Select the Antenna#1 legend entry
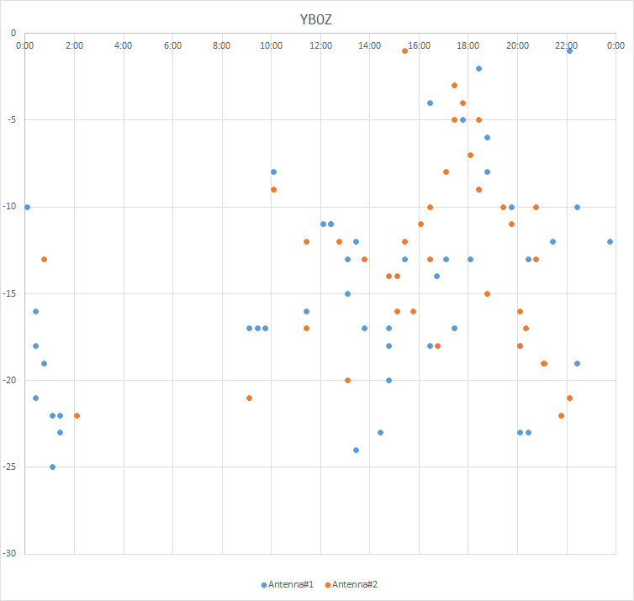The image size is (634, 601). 288,584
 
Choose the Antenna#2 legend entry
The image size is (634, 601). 357,584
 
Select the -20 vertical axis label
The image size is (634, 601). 9,381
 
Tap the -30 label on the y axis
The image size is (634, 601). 9,554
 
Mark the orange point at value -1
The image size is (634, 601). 404,50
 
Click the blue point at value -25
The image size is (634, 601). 52,467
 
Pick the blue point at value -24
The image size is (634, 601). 356,450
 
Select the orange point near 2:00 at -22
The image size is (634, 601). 77,415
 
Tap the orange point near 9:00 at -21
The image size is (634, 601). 249,398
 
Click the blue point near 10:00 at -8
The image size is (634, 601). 273,171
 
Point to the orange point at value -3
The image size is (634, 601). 454,85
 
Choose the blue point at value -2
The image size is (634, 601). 478,68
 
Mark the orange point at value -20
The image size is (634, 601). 347,380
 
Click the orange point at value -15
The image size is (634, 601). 487,293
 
